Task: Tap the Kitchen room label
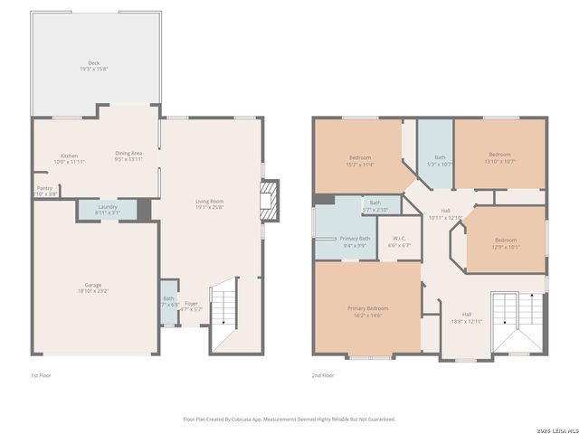[x=69, y=156]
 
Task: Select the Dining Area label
[x=128, y=153]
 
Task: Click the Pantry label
[x=44, y=188]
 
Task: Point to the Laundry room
[x=108, y=209]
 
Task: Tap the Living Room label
[x=209, y=201]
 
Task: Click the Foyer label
[x=191, y=303]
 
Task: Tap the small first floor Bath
[x=168, y=303]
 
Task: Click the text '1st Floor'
[x=40, y=374]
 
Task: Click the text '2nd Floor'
[x=323, y=374]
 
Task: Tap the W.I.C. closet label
[x=398, y=240]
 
